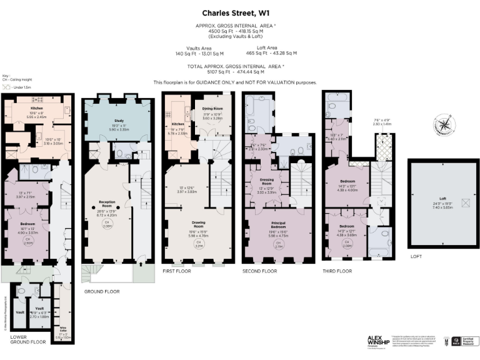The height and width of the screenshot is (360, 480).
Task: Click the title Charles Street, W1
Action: (x=240, y=12)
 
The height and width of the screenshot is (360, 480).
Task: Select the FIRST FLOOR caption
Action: (x=177, y=271)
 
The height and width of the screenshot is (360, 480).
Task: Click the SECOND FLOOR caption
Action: (x=259, y=271)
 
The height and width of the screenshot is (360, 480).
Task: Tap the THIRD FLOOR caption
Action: (x=337, y=271)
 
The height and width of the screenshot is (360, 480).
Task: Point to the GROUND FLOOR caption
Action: (x=101, y=291)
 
